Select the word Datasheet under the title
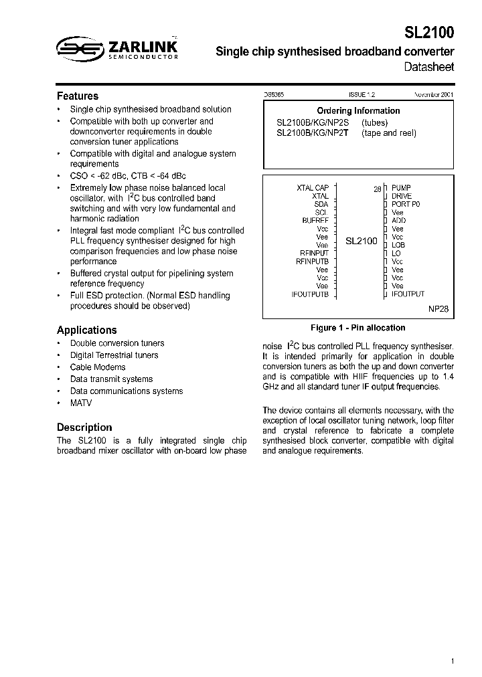tap(429, 67)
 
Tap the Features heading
tap(78, 96)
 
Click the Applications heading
tap(86, 330)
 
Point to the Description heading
tap(84, 427)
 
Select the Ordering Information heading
tap(358, 111)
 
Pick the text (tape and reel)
tap(389, 133)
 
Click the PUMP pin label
tap(401, 188)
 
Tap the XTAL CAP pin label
tap(313, 188)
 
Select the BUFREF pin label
tap(315, 220)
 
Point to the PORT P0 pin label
tap(406, 204)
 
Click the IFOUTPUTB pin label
tap(310, 294)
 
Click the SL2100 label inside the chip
tap(361, 241)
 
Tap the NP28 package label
tap(439, 310)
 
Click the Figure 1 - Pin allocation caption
tap(358, 328)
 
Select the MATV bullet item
tap(81, 403)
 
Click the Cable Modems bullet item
tap(98, 367)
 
